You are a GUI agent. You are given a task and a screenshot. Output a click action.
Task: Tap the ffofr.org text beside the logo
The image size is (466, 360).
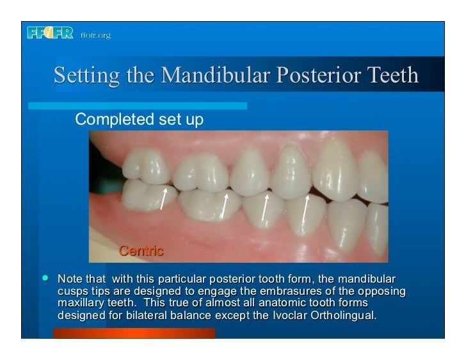tap(95, 35)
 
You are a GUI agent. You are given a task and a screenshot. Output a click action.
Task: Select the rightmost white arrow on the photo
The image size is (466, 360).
tap(305, 209)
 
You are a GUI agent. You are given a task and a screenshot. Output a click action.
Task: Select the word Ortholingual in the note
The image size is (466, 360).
tap(354, 317)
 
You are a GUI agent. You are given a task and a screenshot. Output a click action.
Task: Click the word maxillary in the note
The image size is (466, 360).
tap(83, 304)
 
